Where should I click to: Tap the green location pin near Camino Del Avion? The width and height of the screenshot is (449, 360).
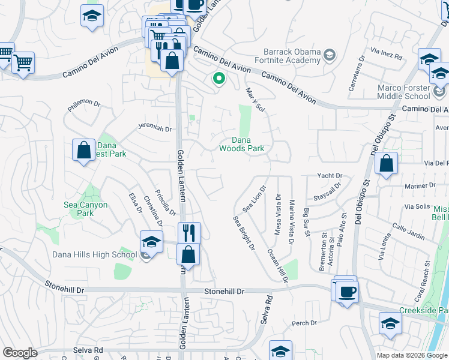(219, 78)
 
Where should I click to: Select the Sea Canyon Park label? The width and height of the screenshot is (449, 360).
(86, 209)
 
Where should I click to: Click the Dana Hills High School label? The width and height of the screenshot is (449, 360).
(95, 254)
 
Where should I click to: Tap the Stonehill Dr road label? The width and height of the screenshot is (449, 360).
(225, 292)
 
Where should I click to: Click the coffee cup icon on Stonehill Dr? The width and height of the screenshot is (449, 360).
(347, 292)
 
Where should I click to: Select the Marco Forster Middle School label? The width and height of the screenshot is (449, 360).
(404, 91)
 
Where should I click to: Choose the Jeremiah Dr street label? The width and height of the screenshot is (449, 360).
(155, 128)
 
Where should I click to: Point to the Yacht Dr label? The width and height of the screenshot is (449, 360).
(330, 176)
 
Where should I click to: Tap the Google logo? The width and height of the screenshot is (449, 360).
(19, 353)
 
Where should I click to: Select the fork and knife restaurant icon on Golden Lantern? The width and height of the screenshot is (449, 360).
(189, 232)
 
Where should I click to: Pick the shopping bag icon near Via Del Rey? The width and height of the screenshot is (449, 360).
(387, 163)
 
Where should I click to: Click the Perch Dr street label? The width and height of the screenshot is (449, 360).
(304, 323)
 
